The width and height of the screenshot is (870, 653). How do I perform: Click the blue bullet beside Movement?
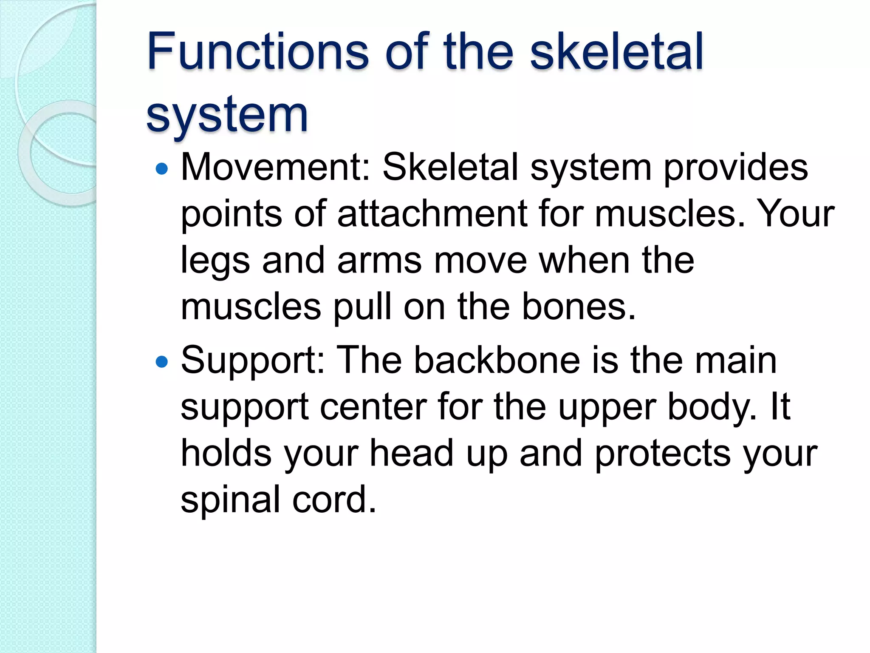tap(162, 169)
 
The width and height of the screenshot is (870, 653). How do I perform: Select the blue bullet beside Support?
tap(162, 362)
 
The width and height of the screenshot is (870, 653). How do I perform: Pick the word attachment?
tap(432, 213)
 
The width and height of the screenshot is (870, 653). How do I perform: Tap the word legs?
tap(215, 261)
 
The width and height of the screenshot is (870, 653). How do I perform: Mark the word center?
tap(373, 407)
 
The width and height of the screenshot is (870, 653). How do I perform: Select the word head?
tap(412, 453)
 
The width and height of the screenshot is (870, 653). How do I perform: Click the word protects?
tap(663, 454)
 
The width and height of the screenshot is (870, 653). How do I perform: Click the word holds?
tap(226, 453)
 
